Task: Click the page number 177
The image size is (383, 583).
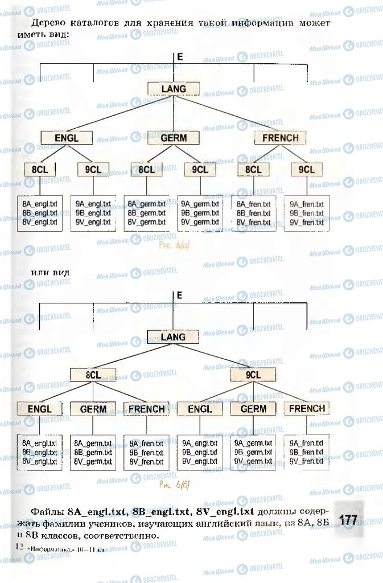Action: tap(348, 519)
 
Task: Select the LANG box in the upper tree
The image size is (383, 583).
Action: tap(174, 88)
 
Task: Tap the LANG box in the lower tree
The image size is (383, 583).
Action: tap(173, 337)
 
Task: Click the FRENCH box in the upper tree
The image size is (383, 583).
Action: tap(280, 138)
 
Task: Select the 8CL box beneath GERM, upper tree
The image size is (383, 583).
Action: tap(146, 170)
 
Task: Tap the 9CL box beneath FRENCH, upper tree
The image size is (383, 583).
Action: tap(306, 170)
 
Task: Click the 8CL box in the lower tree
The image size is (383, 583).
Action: tap(93, 375)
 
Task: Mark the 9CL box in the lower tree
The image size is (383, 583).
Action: tap(253, 375)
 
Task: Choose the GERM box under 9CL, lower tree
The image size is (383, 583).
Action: tap(253, 409)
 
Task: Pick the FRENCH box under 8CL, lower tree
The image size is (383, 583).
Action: tap(146, 409)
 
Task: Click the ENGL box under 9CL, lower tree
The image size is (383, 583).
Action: tap(200, 409)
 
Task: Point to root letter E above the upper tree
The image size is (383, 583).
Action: tap(180, 57)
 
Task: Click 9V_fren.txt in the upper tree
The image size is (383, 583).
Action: tap(307, 222)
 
